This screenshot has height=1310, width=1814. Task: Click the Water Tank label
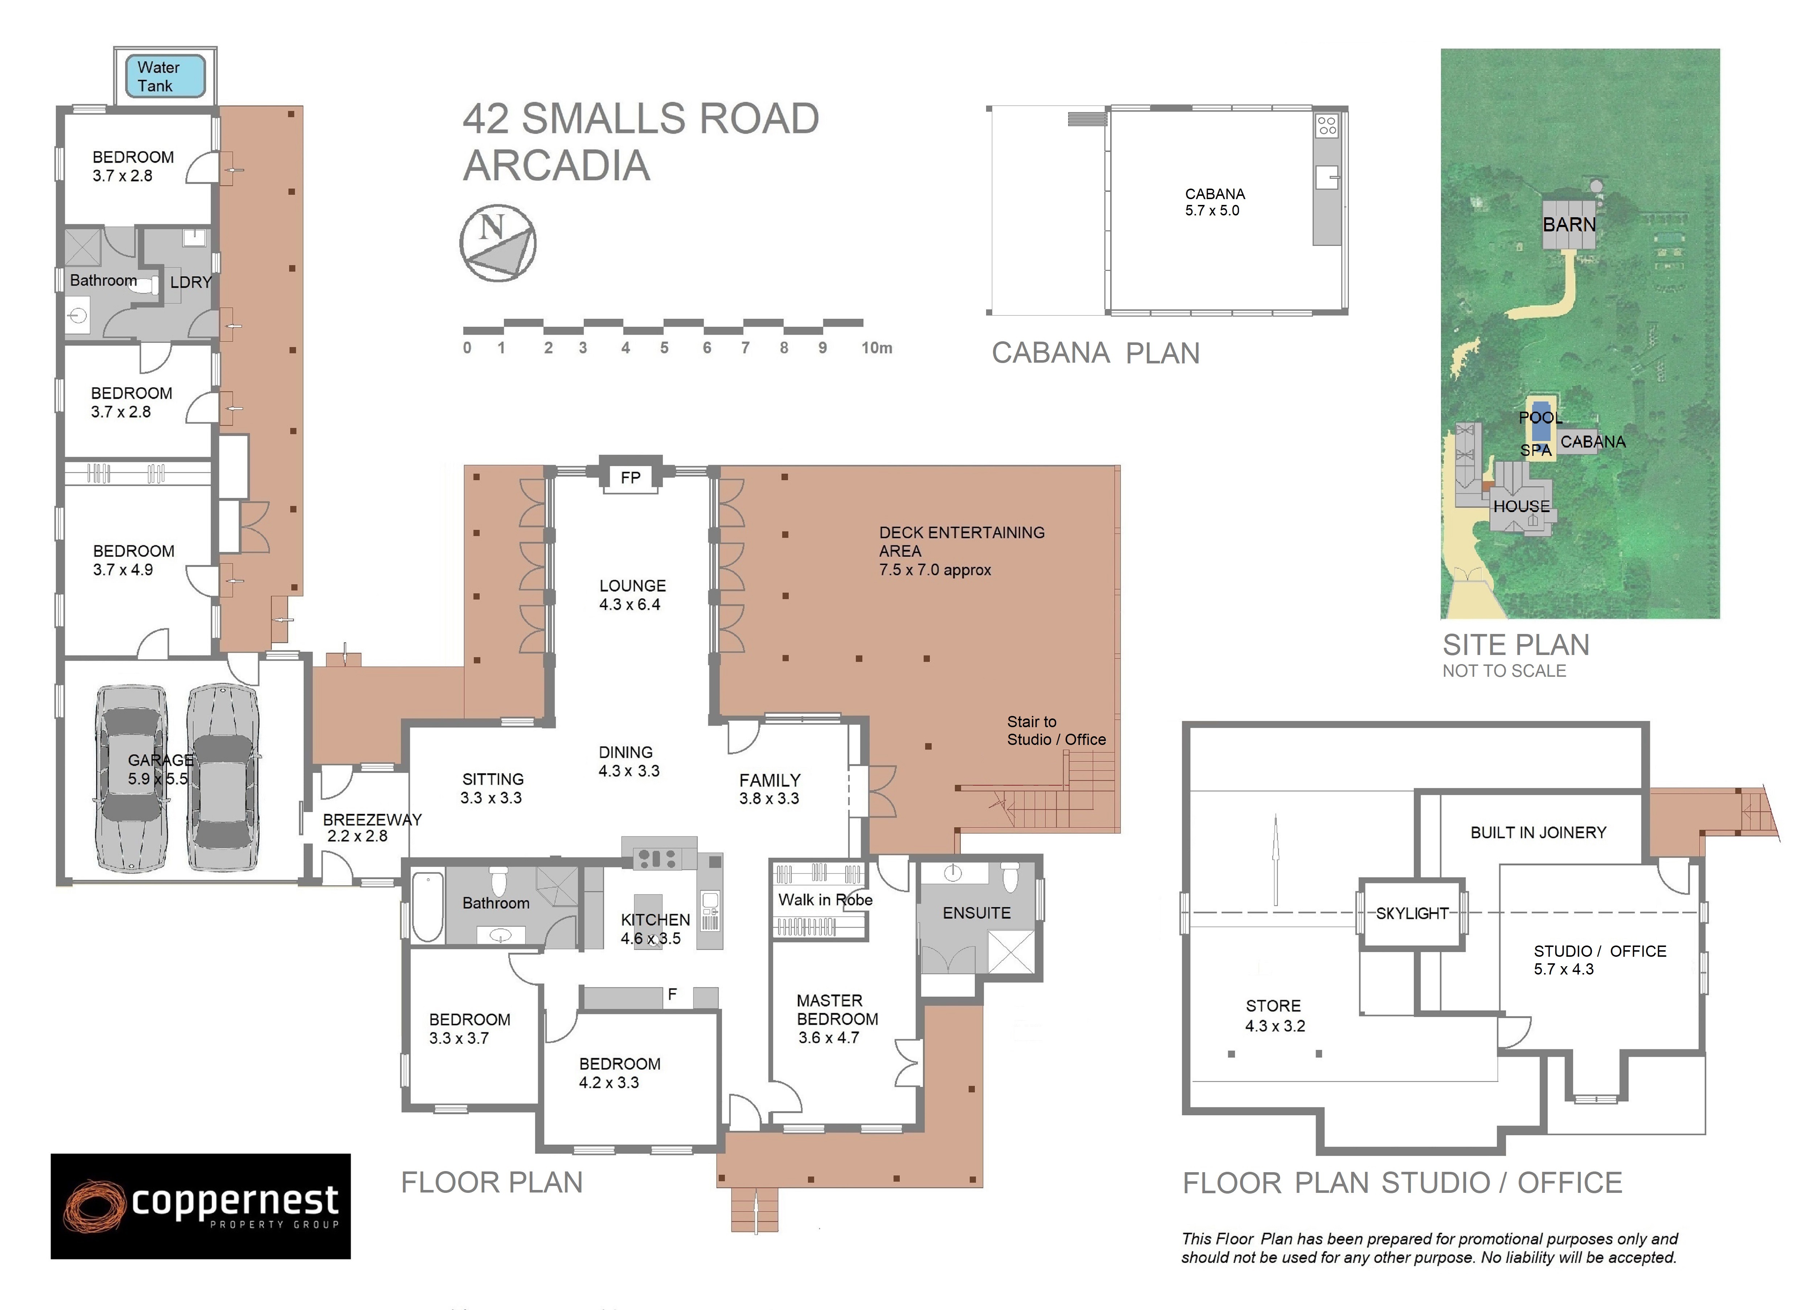(157, 77)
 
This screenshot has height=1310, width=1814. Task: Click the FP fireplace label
(630, 477)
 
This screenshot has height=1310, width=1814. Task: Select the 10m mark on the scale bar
(877, 348)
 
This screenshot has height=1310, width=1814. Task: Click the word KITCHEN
(655, 920)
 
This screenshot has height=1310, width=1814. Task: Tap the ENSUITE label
(977, 913)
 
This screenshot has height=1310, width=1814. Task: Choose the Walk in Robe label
(825, 900)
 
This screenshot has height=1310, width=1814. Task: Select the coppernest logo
(201, 1206)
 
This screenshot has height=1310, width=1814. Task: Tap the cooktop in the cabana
(1327, 125)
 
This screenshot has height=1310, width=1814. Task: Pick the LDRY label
(190, 282)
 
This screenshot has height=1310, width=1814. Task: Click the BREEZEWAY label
(372, 820)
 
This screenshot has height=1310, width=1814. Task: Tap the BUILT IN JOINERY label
(1538, 833)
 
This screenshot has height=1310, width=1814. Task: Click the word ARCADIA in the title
(557, 165)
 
